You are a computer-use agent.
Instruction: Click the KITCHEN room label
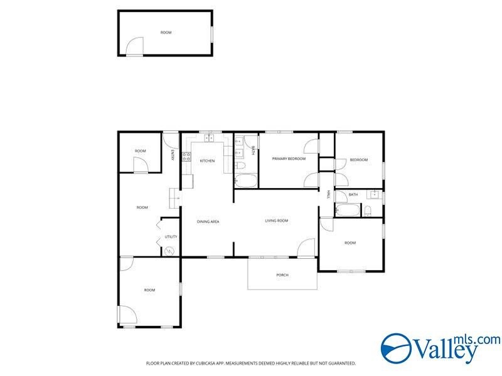coord(207,161)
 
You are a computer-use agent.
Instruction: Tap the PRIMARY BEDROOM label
coord(289,159)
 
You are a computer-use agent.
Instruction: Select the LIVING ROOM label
coord(276,221)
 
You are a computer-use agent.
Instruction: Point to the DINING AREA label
coord(208,222)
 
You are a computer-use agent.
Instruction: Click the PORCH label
coord(282,275)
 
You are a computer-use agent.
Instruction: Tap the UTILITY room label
coord(171,237)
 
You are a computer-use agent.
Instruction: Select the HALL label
coord(328,194)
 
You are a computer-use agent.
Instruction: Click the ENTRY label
coord(173,155)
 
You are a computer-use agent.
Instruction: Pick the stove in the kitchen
coord(186,157)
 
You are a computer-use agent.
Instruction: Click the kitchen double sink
coord(210,138)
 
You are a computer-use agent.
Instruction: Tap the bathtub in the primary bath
coord(246,181)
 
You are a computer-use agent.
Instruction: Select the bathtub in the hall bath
coord(348,210)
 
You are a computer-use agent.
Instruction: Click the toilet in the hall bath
coord(368,211)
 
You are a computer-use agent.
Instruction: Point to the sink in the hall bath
coord(374,194)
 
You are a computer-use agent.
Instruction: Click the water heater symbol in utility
coord(169,251)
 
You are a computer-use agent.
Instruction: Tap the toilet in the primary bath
coord(240,165)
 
